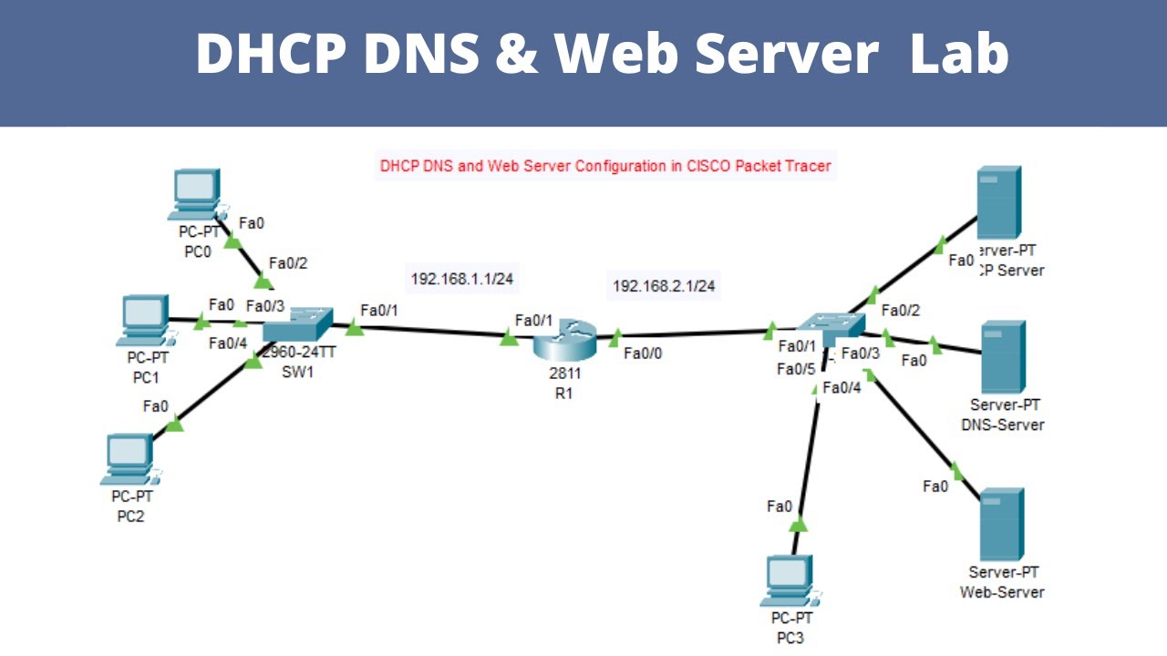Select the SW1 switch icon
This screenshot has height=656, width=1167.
pos(297,326)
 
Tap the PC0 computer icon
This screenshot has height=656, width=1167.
pos(194,194)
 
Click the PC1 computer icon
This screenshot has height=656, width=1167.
pos(143,320)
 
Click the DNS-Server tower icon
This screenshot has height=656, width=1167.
pos(1002,357)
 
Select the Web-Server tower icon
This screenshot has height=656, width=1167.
pos(1002,524)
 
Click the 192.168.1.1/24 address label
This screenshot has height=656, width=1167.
pos(462,279)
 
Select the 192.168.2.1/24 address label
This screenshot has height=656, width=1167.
pos(664,286)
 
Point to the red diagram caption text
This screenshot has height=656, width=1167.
pos(605,167)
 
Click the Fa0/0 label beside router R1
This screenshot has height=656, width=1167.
pos(644,354)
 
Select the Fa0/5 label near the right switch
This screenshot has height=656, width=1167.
pos(796,369)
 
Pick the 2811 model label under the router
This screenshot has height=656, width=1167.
pos(564,374)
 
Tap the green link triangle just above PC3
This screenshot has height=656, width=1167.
pos(798,524)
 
